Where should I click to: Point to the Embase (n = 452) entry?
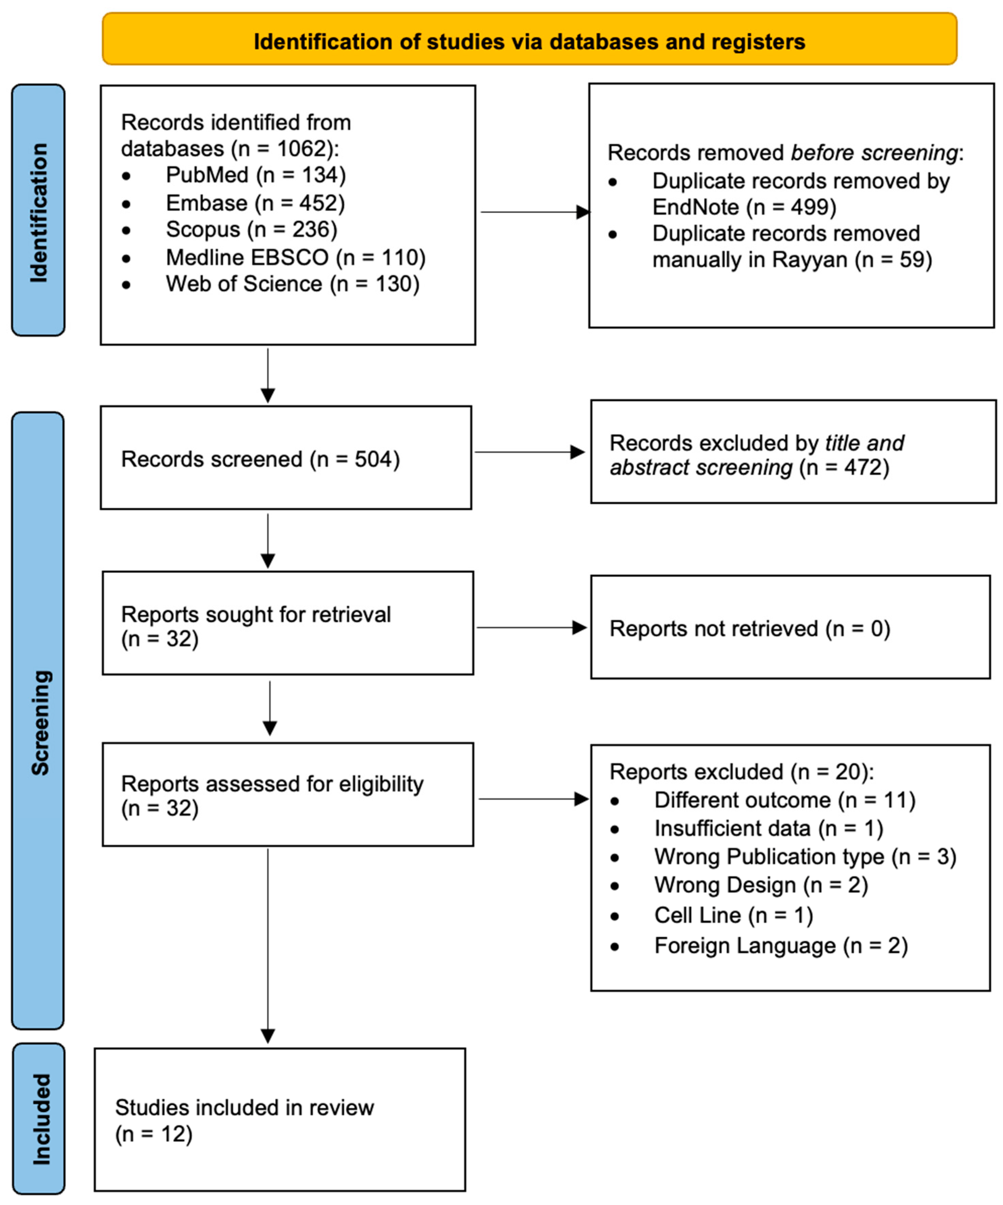[255, 203]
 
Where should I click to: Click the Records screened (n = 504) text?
[260, 459]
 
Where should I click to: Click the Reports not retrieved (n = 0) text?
[749, 628]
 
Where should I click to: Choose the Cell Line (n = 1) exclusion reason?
[733, 915]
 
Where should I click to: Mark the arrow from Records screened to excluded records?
[529, 452]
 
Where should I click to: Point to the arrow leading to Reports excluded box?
[533, 799]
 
